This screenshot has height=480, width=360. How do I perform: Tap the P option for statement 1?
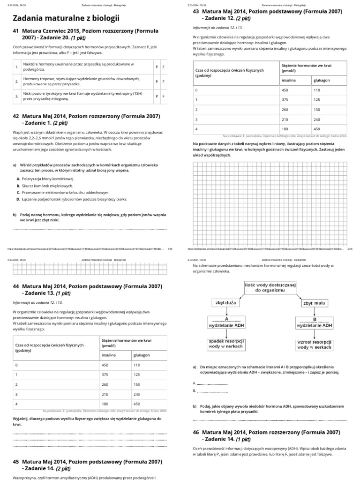pyautogui.click(x=157, y=67)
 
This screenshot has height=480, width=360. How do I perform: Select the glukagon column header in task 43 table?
pyautogui.click(x=322, y=80)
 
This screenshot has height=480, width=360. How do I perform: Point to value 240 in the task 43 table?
pyautogui.click(x=316, y=119)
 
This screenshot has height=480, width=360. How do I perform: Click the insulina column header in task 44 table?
pyautogui.click(x=109, y=355)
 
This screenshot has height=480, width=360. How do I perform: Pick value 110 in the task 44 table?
pyautogui.click(x=137, y=365)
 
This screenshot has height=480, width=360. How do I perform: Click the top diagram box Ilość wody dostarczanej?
pyautogui.click(x=270, y=287)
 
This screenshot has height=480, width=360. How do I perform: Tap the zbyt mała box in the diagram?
pyautogui.click(x=314, y=303)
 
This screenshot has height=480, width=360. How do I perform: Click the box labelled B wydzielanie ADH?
pyautogui.click(x=314, y=322)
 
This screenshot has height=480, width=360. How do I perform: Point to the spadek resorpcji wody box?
pyautogui.click(x=224, y=344)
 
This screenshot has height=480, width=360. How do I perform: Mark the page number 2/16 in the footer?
pyautogui.click(x=349, y=249)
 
